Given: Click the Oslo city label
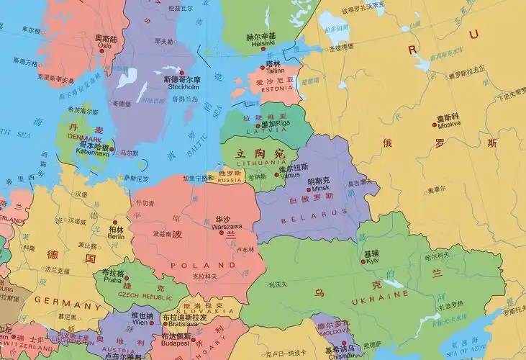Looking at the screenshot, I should click(104, 45).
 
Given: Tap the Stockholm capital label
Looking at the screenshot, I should click(183, 87).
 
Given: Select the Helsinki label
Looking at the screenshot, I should click(261, 44).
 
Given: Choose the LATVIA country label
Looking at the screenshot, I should click(256, 131).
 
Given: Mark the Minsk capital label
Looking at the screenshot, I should click(319, 188).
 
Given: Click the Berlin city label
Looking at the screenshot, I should click(116, 236).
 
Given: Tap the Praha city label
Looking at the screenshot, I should click(112, 280).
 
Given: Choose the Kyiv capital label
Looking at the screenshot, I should click(372, 261).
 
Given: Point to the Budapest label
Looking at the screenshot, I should click(176, 343).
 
